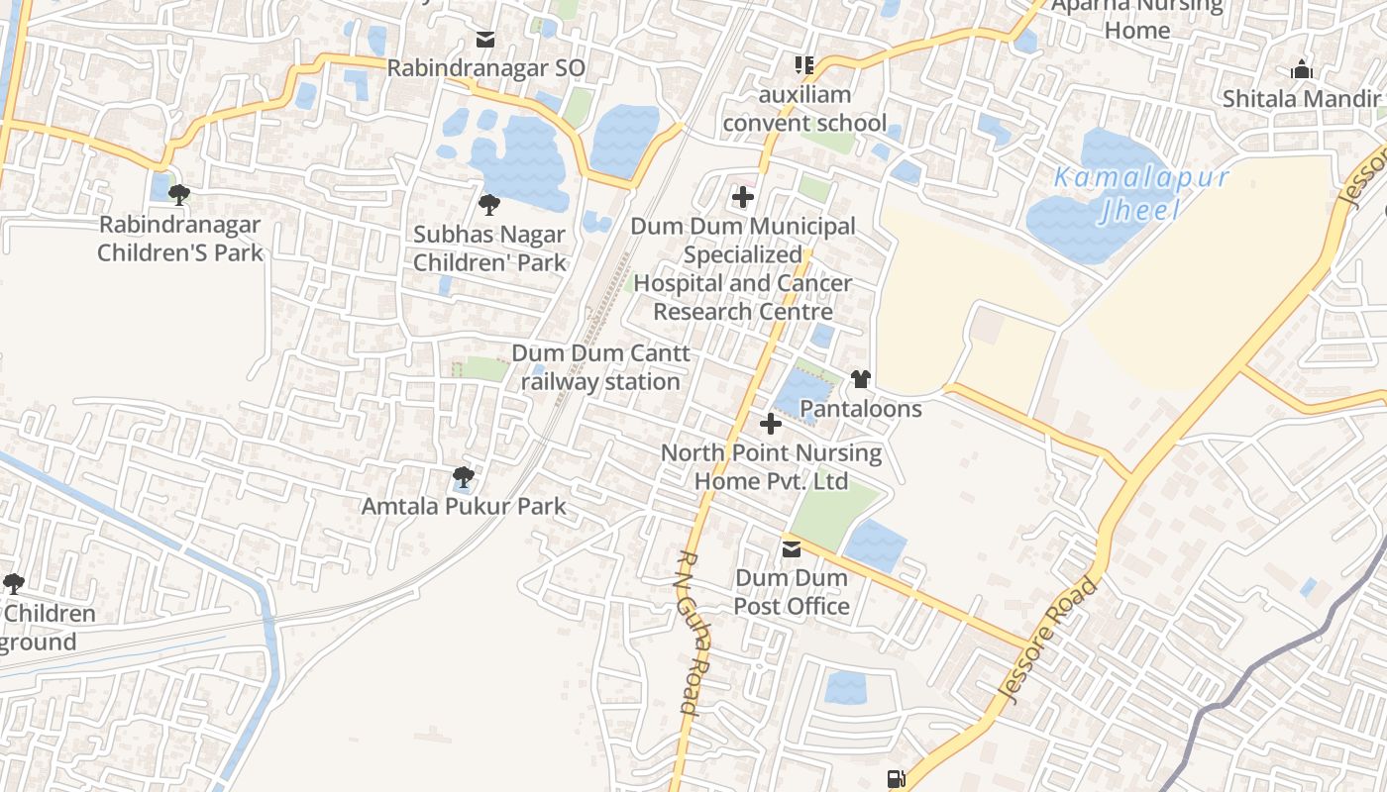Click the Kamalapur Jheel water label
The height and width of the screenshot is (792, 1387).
coord(1140,194)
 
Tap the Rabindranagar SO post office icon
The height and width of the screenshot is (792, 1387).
coord(485,40)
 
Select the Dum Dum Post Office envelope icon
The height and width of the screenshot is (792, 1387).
coord(792,549)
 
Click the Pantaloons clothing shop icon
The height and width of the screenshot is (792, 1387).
coord(860,379)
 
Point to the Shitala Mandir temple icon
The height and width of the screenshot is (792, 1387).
coord(1301,70)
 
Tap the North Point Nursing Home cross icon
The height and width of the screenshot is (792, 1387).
coord(770,424)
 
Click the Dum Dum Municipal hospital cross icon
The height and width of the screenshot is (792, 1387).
coord(743,197)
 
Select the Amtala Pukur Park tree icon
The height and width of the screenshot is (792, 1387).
coord(463,477)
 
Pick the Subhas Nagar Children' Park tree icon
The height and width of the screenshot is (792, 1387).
coord(488,205)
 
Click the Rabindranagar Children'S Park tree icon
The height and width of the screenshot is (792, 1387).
coord(179,194)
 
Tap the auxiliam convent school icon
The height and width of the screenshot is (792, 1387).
coord(804,65)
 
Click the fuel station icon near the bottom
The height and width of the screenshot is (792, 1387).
coord(896,779)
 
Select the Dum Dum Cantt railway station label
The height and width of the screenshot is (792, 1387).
coord(600,367)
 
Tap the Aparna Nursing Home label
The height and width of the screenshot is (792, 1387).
coord(1137,17)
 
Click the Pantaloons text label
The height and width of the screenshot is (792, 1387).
coord(860,409)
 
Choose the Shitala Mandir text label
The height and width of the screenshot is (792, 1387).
coord(1301,99)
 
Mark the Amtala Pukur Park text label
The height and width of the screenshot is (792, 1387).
coord(464,507)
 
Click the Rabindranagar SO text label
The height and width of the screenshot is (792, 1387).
coord(485,68)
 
